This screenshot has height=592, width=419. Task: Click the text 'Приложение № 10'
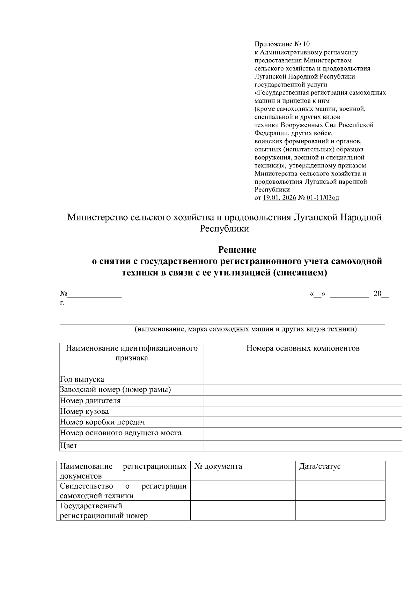tap(282, 44)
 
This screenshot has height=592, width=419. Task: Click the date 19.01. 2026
tap(279, 198)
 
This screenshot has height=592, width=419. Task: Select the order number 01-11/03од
tap(323, 198)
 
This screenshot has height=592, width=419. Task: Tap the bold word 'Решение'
tap(237, 250)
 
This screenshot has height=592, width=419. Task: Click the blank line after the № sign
tap(95, 295)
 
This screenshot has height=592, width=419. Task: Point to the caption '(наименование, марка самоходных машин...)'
tap(246, 329)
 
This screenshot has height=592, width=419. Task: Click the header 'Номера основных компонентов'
tap(303, 348)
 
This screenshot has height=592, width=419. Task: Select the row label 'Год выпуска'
tap(82, 379)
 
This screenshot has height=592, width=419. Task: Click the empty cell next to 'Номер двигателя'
tap(303, 401)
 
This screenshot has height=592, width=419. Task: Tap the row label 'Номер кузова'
tap(84, 411)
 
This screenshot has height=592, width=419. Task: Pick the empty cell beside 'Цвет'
tap(303, 445)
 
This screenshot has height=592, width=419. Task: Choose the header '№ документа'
tap(218, 466)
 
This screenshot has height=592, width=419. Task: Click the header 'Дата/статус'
tap(319, 466)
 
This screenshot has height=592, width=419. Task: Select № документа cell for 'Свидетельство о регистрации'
tap(243, 490)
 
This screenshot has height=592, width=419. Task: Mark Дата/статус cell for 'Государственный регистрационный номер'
tap(340, 510)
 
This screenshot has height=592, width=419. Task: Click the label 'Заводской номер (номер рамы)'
tap(115, 390)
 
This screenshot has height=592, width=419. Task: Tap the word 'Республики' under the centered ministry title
tap(224, 229)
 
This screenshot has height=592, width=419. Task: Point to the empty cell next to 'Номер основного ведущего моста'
tap(303, 434)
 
